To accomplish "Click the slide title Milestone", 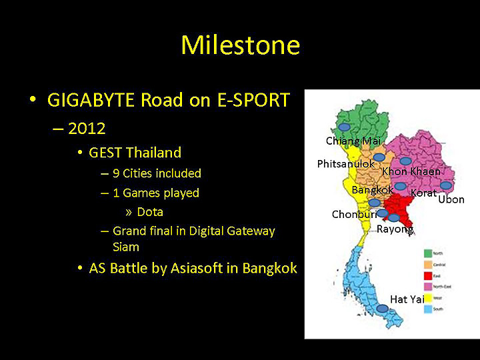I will tap(240, 45).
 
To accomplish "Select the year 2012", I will tap(87, 128).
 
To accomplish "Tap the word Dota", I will tap(150, 212).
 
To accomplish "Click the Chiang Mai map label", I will tap(352, 141).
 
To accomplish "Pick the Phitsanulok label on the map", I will tap(345, 164).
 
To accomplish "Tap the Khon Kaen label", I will tap(411, 171).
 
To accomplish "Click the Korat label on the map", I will tap(423, 193).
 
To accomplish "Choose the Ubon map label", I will tap(451, 199).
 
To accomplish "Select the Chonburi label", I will tap(354, 214).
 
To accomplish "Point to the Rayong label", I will tap(395, 229).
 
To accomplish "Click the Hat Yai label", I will tap(407, 299).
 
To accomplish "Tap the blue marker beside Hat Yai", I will tap(381, 309).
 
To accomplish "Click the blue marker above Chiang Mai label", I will tap(344, 127).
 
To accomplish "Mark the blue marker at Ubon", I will tap(446, 185).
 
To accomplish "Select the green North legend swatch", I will tap(429, 253).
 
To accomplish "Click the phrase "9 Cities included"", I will tap(157, 173).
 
